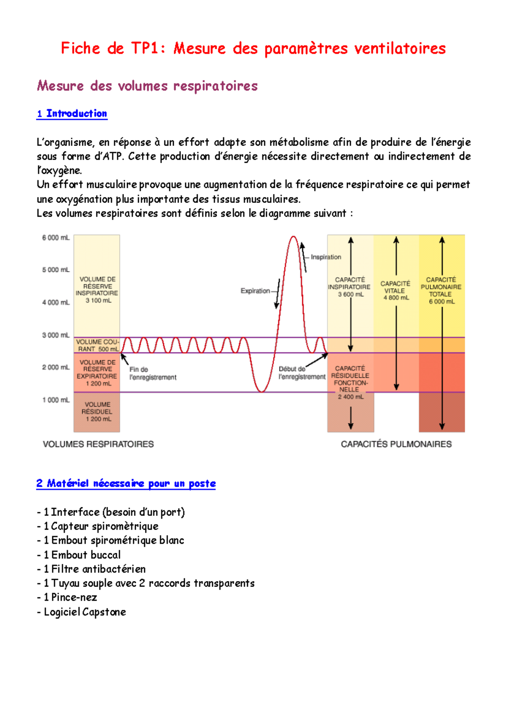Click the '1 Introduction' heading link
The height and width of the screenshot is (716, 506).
coord(72,113)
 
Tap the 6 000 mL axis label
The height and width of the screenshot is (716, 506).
coord(56,238)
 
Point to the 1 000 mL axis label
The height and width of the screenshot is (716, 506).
coord(56,400)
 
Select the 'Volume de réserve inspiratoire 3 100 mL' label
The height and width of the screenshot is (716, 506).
coord(97,290)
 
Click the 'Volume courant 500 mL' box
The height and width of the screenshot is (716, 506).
coord(97,345)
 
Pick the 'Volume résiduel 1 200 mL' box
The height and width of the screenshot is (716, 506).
coord(97,412)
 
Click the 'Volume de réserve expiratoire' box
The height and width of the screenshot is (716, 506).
coord(97,373)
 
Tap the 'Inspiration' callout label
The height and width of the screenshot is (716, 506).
coord(326,257)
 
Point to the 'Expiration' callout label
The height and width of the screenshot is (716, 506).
coord(255,291)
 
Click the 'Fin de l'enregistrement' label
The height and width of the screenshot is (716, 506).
coord(152,373)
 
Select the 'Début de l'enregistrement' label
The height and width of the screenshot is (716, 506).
coord(301,373)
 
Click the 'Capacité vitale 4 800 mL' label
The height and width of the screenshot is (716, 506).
coord(396,291)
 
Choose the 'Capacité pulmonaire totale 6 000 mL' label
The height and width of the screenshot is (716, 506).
coord(441,291)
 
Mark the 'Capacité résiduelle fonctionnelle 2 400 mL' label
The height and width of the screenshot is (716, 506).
coord(350,382)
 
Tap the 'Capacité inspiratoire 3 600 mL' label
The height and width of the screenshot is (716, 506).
coord(350,287)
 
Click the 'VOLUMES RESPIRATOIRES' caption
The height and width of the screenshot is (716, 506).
coord(98,444)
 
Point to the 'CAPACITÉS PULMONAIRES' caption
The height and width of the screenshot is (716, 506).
coord(396,444)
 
